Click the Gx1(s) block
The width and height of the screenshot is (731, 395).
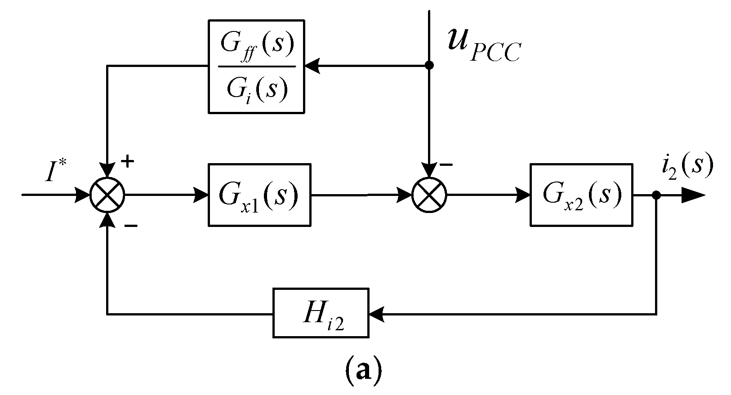pos(259,195)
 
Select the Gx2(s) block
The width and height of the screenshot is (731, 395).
pos(581,195)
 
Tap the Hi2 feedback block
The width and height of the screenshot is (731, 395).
pos(320,313)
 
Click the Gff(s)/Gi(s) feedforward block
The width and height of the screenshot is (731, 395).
pos(256,66)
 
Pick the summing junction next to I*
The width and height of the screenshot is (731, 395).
pos(107,195)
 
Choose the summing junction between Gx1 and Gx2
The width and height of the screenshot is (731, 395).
pos(429,195)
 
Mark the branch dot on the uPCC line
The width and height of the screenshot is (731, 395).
pos(429,66)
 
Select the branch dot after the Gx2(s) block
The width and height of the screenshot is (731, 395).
pos(656,195)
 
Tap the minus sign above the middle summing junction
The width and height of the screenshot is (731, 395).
pos(446,165)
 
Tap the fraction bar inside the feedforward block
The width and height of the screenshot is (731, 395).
pos(256,66)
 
